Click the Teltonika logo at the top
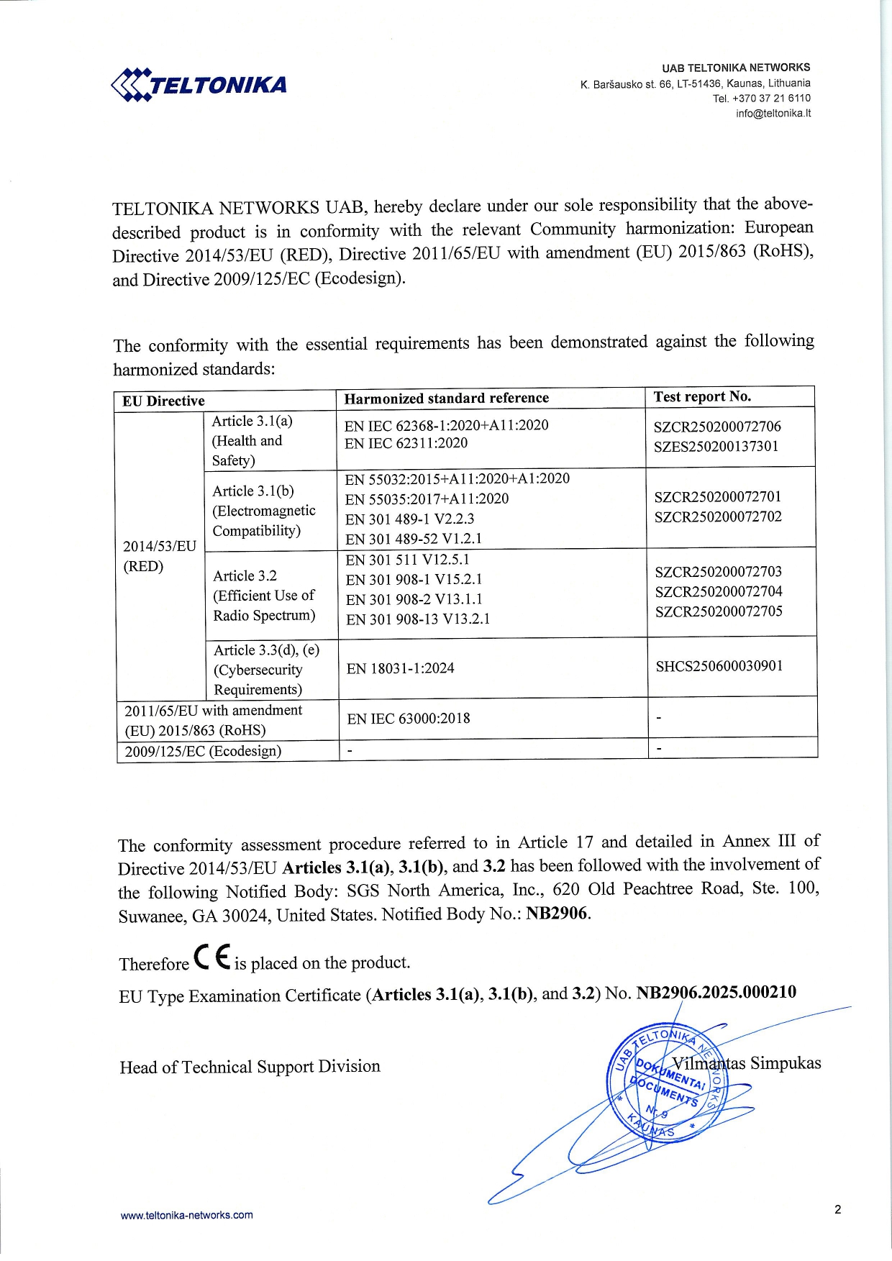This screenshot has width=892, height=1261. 199,85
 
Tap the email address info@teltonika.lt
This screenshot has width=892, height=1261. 773,114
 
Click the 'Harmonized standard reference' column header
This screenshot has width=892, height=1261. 446,399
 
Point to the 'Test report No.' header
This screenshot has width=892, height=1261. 702,396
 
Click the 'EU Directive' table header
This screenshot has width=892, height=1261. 163,401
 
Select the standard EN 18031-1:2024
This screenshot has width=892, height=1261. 400,668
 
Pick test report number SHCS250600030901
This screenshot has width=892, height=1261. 719,666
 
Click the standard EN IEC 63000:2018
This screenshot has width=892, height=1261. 408,719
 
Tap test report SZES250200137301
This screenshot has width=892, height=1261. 716,446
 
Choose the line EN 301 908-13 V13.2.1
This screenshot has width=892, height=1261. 417,619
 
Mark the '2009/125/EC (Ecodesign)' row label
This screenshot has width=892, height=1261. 203,752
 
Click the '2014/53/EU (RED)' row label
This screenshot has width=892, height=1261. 159,556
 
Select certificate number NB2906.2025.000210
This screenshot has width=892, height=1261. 716,993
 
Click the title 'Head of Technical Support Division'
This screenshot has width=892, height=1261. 250,1067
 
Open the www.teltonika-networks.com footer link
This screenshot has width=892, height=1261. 186,1215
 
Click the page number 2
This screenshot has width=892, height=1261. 837,1209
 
